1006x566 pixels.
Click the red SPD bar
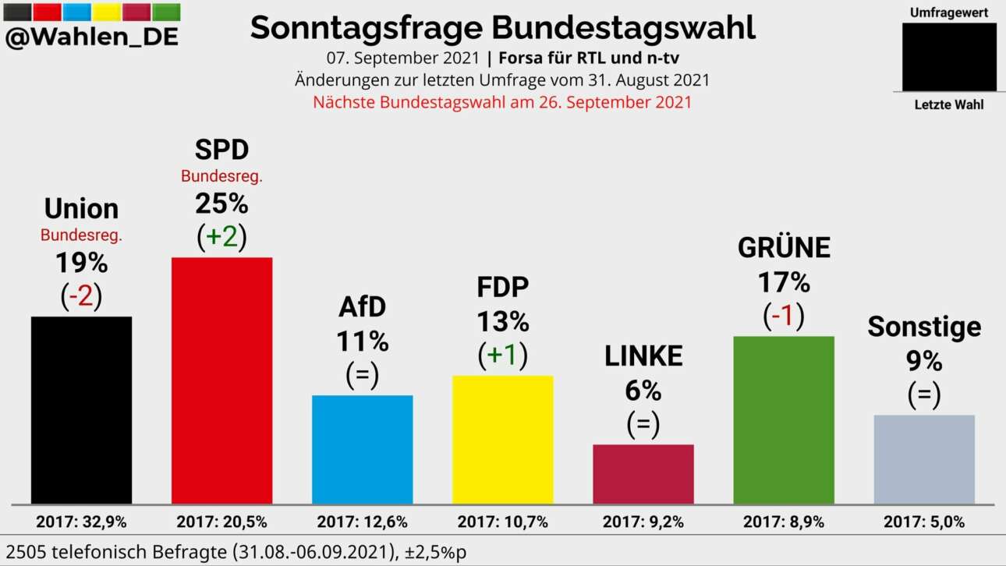coord(221,380)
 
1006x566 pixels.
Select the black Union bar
coord(81,410)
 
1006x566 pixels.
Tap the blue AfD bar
coord(362,449)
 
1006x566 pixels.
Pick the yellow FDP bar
coord(502,440)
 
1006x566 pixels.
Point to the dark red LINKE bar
coord(643,474)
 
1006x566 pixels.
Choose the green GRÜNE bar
coord(784,419)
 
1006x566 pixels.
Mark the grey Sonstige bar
coord(924,459)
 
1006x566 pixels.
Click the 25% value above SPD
coord(221,203)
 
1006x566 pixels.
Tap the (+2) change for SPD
coord(221,237)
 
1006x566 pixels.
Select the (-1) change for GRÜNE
coord(784,315)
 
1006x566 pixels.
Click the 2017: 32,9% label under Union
coord(81,522)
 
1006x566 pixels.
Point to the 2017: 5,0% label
coord(924,522)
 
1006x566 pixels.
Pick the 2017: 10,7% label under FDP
coord(502,522)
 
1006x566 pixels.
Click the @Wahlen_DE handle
coord(92,37)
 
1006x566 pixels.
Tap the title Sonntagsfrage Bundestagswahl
coord(502,28)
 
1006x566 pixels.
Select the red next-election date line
coord(502,102)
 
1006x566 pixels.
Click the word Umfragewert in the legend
coord(949,12)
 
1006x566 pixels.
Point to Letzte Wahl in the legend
coord(949,104)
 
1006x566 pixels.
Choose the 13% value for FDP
coord(502,321)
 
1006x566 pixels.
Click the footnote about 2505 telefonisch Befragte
coord(234,551)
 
